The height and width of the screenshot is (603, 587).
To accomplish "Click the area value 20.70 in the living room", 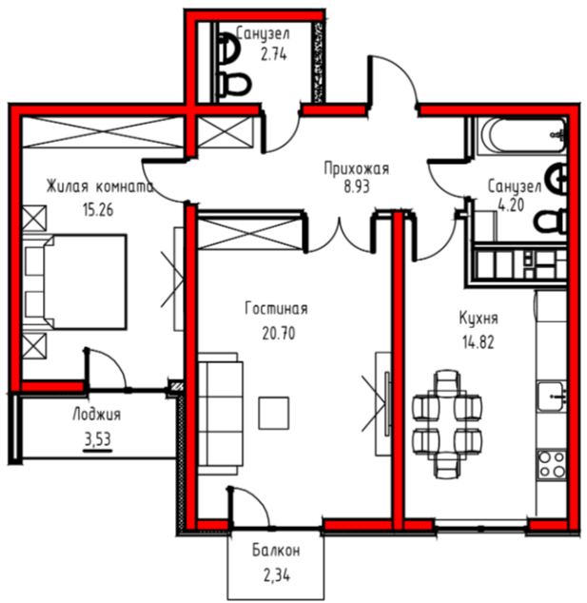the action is (x=279, y=333).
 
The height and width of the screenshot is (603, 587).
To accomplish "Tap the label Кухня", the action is (x=479, y=318).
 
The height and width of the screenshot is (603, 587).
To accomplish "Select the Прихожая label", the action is (x=357, y=168).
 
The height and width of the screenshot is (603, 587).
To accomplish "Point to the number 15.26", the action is (x=98, y=210).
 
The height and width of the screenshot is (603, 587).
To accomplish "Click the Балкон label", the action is (x=276, y=551).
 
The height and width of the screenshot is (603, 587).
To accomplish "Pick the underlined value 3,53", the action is (x=98, y=438).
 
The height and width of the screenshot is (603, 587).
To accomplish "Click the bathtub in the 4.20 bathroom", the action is (x=520, y=136).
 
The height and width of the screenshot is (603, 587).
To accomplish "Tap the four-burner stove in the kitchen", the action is (x=552, y=464).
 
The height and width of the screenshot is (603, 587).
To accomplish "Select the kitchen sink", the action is (x=552, y=396).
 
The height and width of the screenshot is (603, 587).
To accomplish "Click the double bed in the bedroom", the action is (x=76, y=282).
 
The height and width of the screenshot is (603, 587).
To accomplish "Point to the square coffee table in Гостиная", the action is (x=273, y=413).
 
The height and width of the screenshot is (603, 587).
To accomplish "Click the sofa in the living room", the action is (x=221, y=414).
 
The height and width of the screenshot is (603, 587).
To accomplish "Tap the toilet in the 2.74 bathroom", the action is (x=235, y=85).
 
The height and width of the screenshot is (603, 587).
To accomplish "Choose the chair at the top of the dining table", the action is (x=446, y=382).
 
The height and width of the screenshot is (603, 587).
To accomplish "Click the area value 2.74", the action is (x=273, y=55).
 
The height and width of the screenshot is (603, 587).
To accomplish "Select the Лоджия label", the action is (x=96, y=415).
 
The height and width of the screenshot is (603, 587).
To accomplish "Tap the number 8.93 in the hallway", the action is (x=357, y=187).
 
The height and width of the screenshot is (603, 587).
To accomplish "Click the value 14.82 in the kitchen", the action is (x=478, y=341).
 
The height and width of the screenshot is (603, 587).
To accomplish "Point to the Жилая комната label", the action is (x=100, y=186).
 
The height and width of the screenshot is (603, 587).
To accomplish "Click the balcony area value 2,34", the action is (x=277, y=575).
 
